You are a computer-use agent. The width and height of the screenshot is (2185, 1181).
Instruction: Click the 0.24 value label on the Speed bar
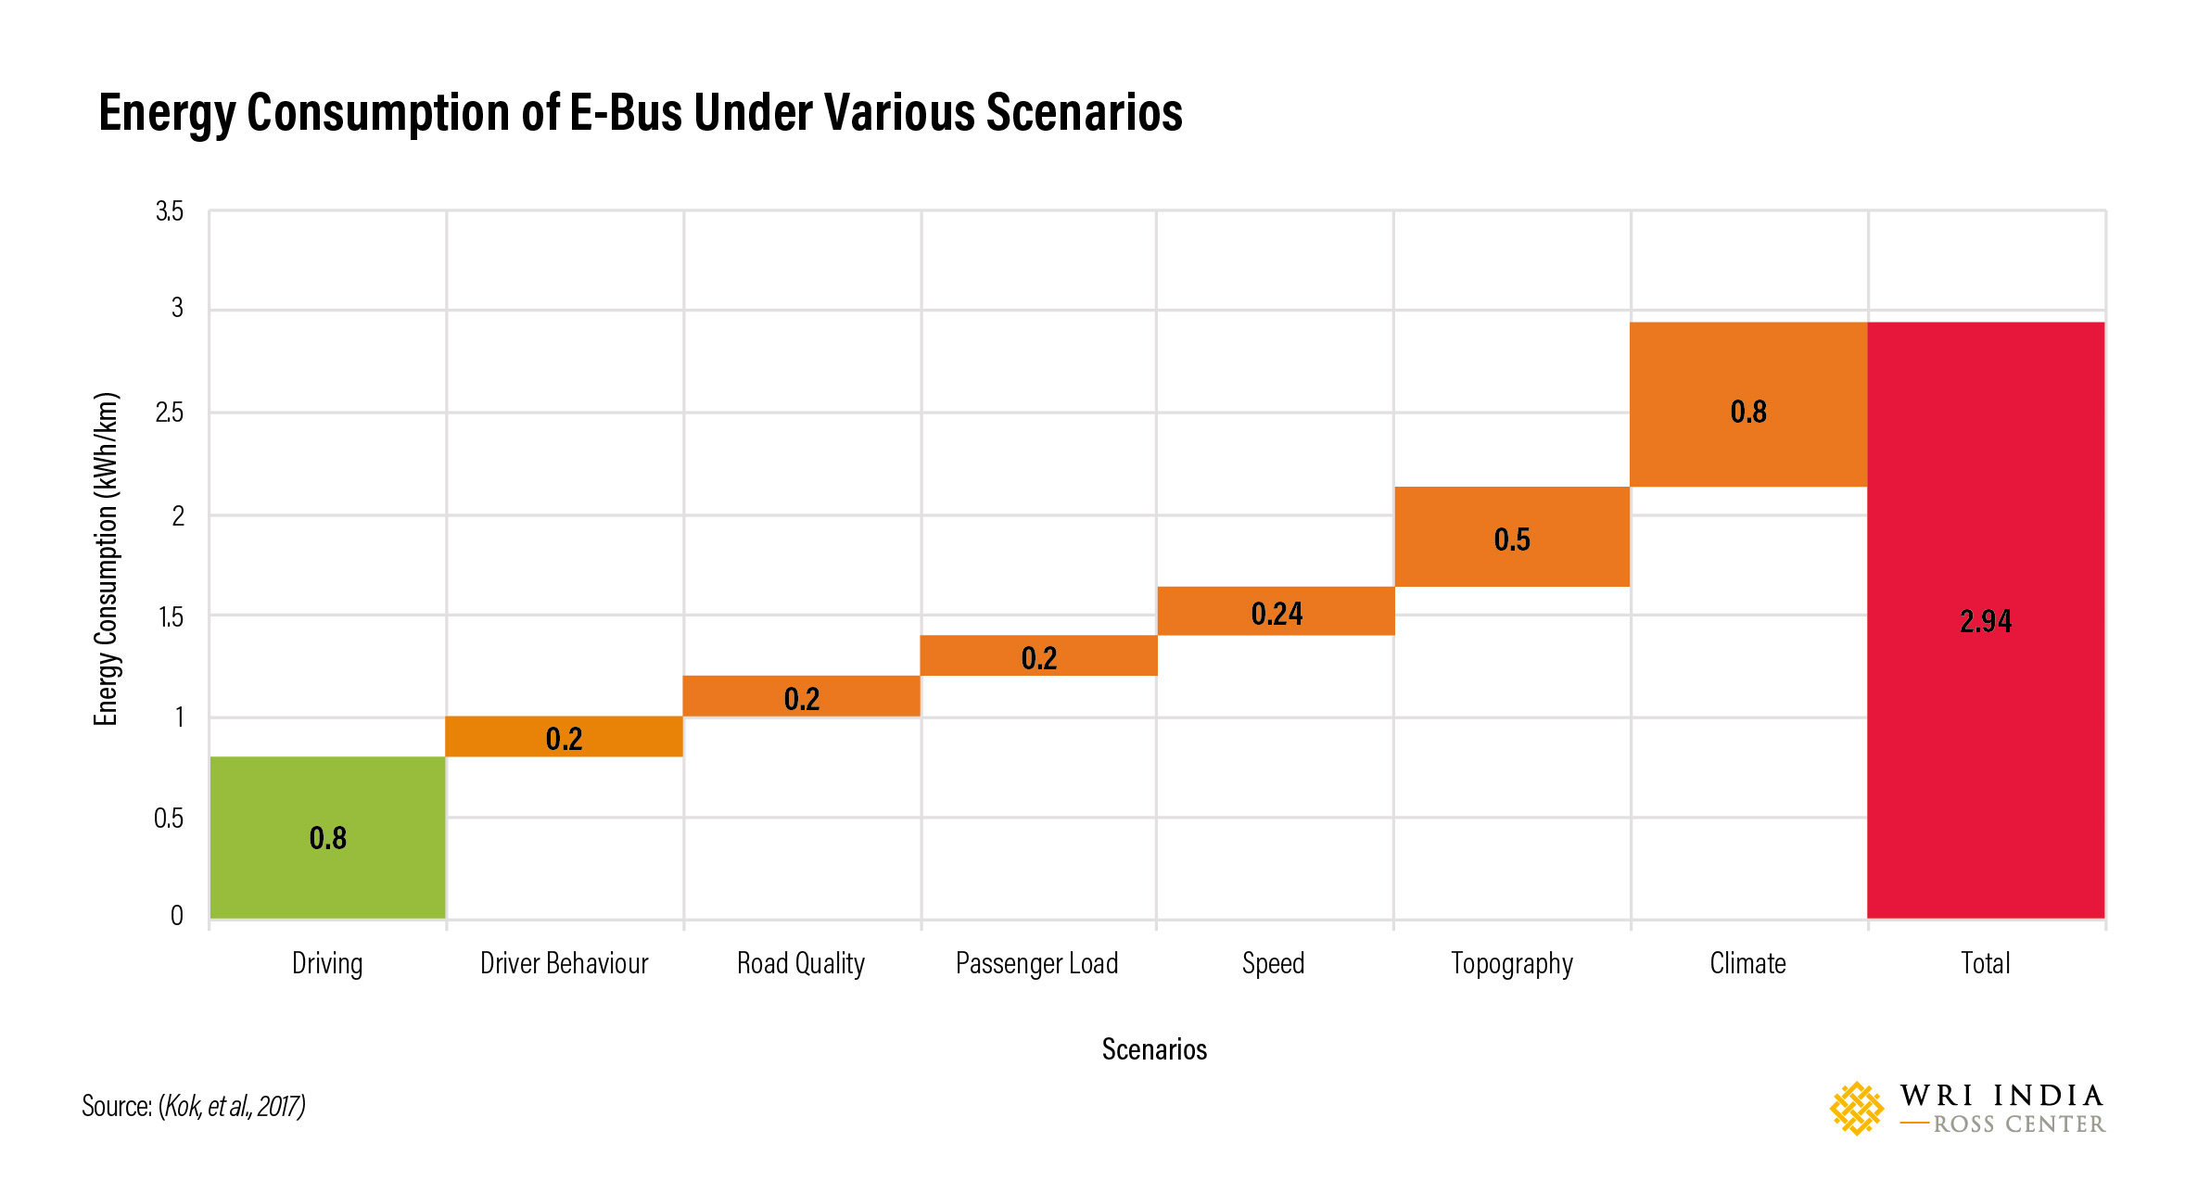[1277, 614]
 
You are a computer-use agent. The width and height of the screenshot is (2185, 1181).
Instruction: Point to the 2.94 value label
[1985, 621]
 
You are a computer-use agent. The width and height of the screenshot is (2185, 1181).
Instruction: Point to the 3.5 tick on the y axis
[170, 211]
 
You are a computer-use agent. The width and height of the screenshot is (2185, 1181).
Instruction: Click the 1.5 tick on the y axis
[171, 617]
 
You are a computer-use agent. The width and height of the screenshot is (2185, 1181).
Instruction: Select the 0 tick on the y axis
[176, 916]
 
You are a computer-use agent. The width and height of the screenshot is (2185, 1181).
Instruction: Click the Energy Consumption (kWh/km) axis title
[106, 559]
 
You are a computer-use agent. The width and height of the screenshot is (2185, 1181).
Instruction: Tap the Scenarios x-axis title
[1154, 1049]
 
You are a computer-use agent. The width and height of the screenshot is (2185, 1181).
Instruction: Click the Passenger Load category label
[1036, 963]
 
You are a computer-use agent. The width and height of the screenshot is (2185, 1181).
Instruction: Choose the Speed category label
[1273, 963]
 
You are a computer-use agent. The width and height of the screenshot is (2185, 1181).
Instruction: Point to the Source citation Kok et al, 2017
[232, 1106]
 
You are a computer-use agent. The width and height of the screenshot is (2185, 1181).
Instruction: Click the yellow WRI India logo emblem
[1856, 1108]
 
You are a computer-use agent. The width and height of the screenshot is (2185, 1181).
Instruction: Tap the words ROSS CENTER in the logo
[2018, 1124]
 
